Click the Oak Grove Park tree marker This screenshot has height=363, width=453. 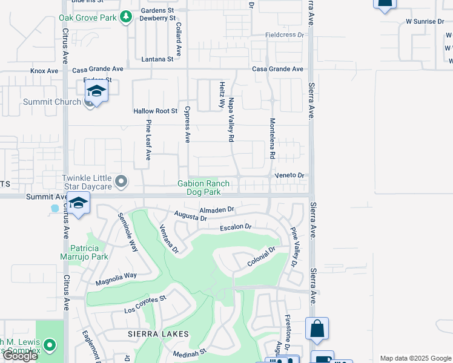coord(125,17)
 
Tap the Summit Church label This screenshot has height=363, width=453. coord(51,102)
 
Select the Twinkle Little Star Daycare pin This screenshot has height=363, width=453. coord(122,181)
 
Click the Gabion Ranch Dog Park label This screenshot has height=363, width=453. coord(203,188)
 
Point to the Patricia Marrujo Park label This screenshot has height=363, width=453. coord(89,252)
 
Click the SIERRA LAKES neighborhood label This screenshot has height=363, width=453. coord(158,334)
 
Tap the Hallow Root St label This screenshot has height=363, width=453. coord(155,111)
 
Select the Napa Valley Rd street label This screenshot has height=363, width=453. coord(231,120)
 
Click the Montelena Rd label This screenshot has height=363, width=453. coord(273,139)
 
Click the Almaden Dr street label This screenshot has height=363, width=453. coord(216,209)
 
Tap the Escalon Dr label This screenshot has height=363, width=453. coord(235,227)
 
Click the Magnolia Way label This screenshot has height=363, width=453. coord(116,279)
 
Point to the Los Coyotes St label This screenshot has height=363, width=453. coord(145,305)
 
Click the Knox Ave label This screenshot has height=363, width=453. coord(44,71)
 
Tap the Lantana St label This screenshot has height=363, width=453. coord(157,59)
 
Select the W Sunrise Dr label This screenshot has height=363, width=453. coord(425,22)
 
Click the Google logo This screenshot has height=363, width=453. coord(20,356)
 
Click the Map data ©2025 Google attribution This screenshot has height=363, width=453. coord(415,358)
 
